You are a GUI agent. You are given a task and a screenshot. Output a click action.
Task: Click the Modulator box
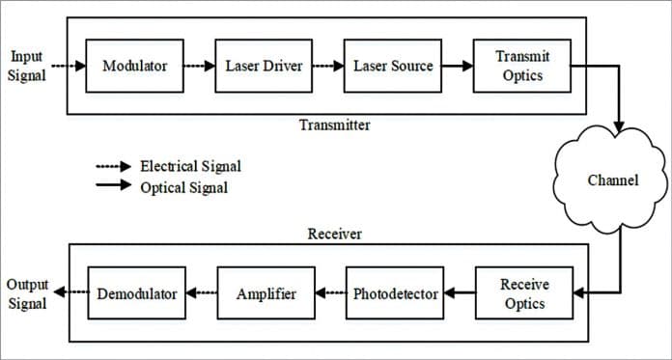click(x=134, y=66)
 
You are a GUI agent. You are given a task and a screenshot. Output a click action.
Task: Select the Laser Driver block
click(x=264, y=66)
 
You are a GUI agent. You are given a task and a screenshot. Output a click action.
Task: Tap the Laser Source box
click(x=393, y=66)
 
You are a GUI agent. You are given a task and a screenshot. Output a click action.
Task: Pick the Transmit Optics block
click(x=521, y=66)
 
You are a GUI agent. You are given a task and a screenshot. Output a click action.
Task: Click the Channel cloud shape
click(x=612, y=180)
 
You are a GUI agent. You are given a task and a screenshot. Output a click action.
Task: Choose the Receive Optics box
click(x=523, y=293)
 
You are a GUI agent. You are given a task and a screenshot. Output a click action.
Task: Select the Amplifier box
click(x=266, y=293)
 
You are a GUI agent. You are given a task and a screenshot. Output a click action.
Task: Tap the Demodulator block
click(x=137, y=293)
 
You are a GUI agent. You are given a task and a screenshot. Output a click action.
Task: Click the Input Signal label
click(x=26, y=66)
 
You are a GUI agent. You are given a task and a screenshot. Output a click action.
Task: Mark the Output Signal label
click(x=27, y=293)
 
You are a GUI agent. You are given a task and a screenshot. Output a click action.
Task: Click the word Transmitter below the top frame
click(x=334, y=125)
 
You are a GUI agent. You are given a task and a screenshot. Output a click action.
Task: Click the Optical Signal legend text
click(x=183, y=187)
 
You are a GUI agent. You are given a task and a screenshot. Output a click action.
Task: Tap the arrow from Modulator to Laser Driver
click(x=198, y=66)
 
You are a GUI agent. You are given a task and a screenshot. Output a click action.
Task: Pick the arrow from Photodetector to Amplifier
click(x=330, y=293)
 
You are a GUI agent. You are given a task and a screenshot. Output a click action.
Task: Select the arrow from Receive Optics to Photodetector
click(x=460, y=293)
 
